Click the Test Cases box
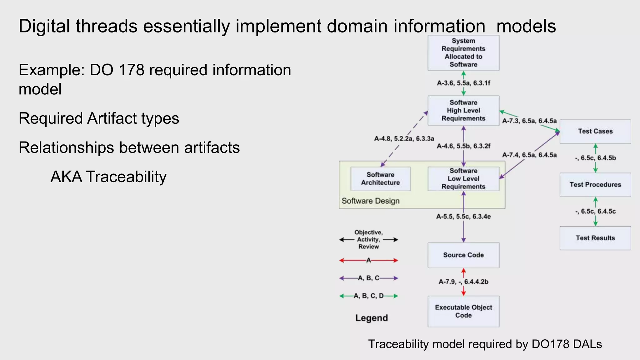pos(595,131)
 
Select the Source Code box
pos(463,255)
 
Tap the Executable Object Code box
pos(463,311)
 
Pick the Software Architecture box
pos(380,179)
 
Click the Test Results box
pos(595,238)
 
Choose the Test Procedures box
pos(595,185)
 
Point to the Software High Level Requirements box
pos(463,111)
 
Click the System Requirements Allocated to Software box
pos(463,53)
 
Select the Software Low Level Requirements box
pos(463,179)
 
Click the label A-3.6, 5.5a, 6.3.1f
pos(463,83)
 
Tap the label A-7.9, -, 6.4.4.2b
pos(463,282)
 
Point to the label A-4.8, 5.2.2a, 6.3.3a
pos(404,139)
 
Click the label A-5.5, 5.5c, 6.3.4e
pos(463,217)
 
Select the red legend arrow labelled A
pos(369,260)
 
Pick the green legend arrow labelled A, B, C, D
pos(369,296)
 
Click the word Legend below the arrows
pos(371,318)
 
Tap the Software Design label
pos(370,201)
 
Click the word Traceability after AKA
pos(126,177)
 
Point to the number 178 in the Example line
pos(132,70)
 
